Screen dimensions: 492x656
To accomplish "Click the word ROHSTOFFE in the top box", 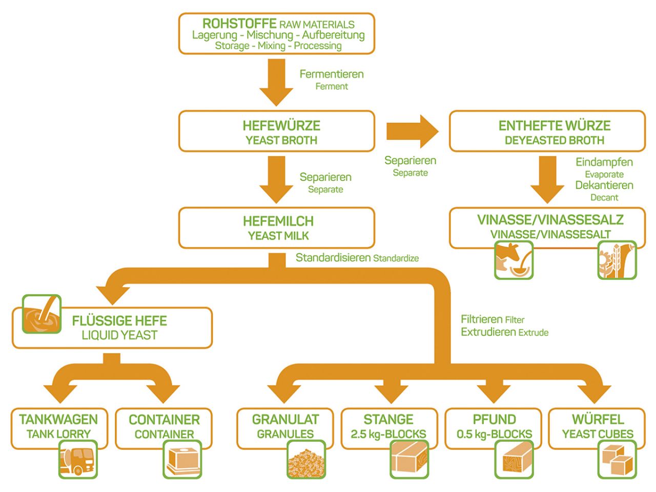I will click(x=239, y=24).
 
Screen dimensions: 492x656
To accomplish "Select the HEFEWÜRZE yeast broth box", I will click(x=277, y=132).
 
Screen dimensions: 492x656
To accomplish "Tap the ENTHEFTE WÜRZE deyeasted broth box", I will click(x=547, y=132).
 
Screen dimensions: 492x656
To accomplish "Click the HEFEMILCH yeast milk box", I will click(x=277, y=228).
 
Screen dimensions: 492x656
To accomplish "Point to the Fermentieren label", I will click(x=332, y=74).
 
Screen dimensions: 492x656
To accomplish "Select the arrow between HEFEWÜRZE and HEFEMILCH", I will click(x=277, y=179).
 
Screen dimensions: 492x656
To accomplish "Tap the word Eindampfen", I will click(x=604, y=162).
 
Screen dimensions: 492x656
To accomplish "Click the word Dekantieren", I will click(x=604, y=186).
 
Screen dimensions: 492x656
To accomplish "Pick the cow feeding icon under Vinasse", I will click(x=514, y=260).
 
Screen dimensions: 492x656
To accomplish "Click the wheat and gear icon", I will click(x=617, y=260).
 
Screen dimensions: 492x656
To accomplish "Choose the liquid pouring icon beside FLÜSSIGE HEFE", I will click(x=42, y=314).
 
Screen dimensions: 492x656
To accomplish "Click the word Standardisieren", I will click(x=333, y=258).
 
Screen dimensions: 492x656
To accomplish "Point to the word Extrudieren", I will click(x=488, y=332).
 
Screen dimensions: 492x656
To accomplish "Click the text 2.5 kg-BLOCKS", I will click(x=388, y=434).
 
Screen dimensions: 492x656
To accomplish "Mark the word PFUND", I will click(x=494, y=419).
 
